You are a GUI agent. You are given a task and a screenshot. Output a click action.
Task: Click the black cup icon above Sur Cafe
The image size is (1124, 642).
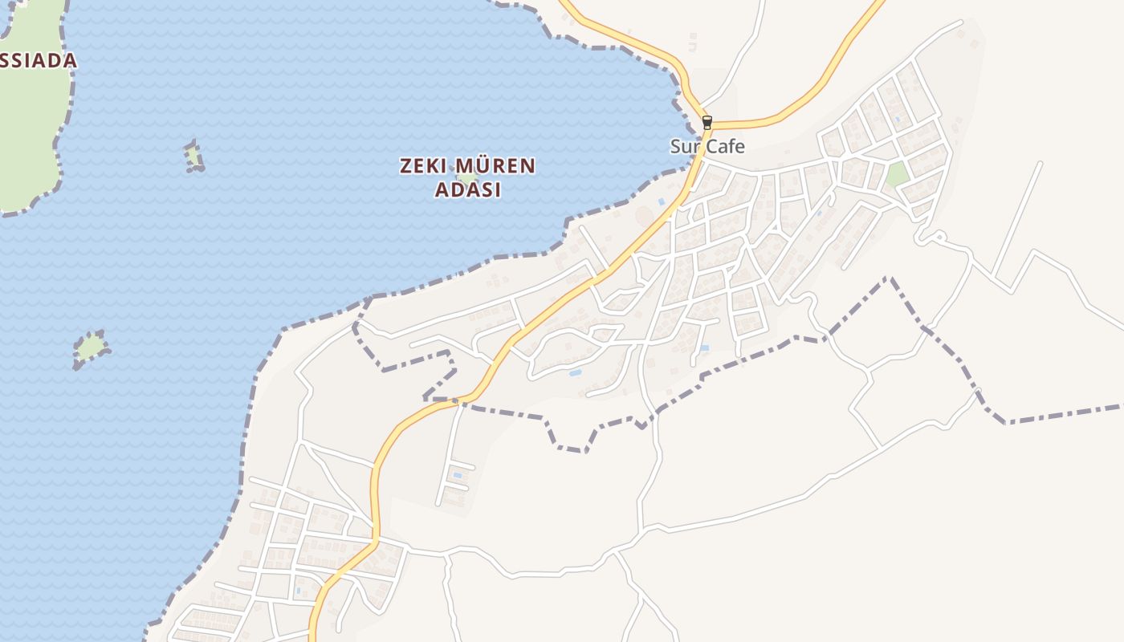(x=707, y=123)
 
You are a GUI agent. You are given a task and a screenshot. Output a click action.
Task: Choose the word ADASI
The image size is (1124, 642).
(x=468, y=190)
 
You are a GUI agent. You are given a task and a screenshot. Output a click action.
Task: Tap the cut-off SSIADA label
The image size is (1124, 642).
(x=37, y=60)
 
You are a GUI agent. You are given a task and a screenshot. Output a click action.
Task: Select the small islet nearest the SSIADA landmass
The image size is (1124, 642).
(x=193, y=156)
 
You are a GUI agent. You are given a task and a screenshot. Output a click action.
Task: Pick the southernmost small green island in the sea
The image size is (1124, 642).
(x=91, y=347)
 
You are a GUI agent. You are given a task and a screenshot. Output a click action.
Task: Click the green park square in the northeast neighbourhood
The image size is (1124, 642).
(x=898, y=174)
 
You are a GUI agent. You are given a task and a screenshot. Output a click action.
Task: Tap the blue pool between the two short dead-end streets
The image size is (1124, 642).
(x=458, y=476)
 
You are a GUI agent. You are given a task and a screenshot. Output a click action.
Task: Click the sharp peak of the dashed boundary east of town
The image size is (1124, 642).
(x=889, y=278)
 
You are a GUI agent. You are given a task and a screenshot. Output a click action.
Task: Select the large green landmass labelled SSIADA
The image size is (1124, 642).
(x=28, y=120)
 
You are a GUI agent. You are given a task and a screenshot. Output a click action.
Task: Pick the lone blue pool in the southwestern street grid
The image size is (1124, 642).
(x=298, y=591)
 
